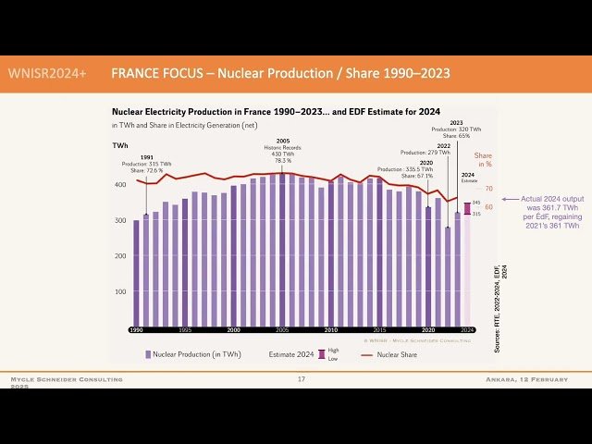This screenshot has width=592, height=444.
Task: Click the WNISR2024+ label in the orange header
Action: tap(47, 72)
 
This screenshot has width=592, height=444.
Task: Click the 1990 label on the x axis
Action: tap(136, 329)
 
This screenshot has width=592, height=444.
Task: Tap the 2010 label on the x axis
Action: tap(330, 329)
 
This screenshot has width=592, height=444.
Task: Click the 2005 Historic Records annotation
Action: tap(283, 152)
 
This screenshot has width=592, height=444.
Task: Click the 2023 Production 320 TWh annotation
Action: tap(455, 129)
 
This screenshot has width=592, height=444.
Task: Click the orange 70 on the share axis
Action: tap(489, 189)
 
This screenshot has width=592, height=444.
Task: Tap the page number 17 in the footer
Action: tap(301, 379)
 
